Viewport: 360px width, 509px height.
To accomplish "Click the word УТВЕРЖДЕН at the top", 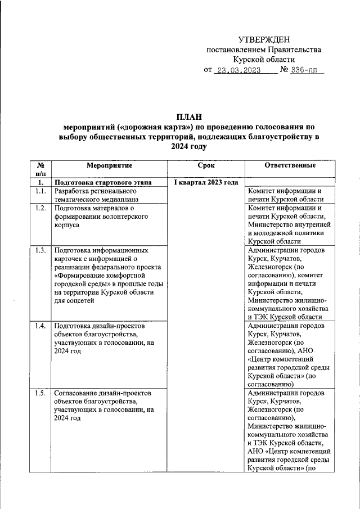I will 264,39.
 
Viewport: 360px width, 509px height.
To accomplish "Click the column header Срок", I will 206,165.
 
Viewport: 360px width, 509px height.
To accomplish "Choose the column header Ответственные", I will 290,165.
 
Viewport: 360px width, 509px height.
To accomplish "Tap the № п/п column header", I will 40,170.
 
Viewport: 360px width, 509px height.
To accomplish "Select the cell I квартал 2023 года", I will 206,182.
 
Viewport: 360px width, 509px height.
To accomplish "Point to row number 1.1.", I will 40,191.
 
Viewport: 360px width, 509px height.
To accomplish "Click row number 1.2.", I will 40,208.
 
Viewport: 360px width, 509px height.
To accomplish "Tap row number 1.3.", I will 40,250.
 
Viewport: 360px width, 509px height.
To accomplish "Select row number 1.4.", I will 40,326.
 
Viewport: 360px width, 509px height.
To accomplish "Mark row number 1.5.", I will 40,393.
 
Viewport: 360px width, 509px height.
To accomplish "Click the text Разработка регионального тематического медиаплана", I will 96,195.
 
